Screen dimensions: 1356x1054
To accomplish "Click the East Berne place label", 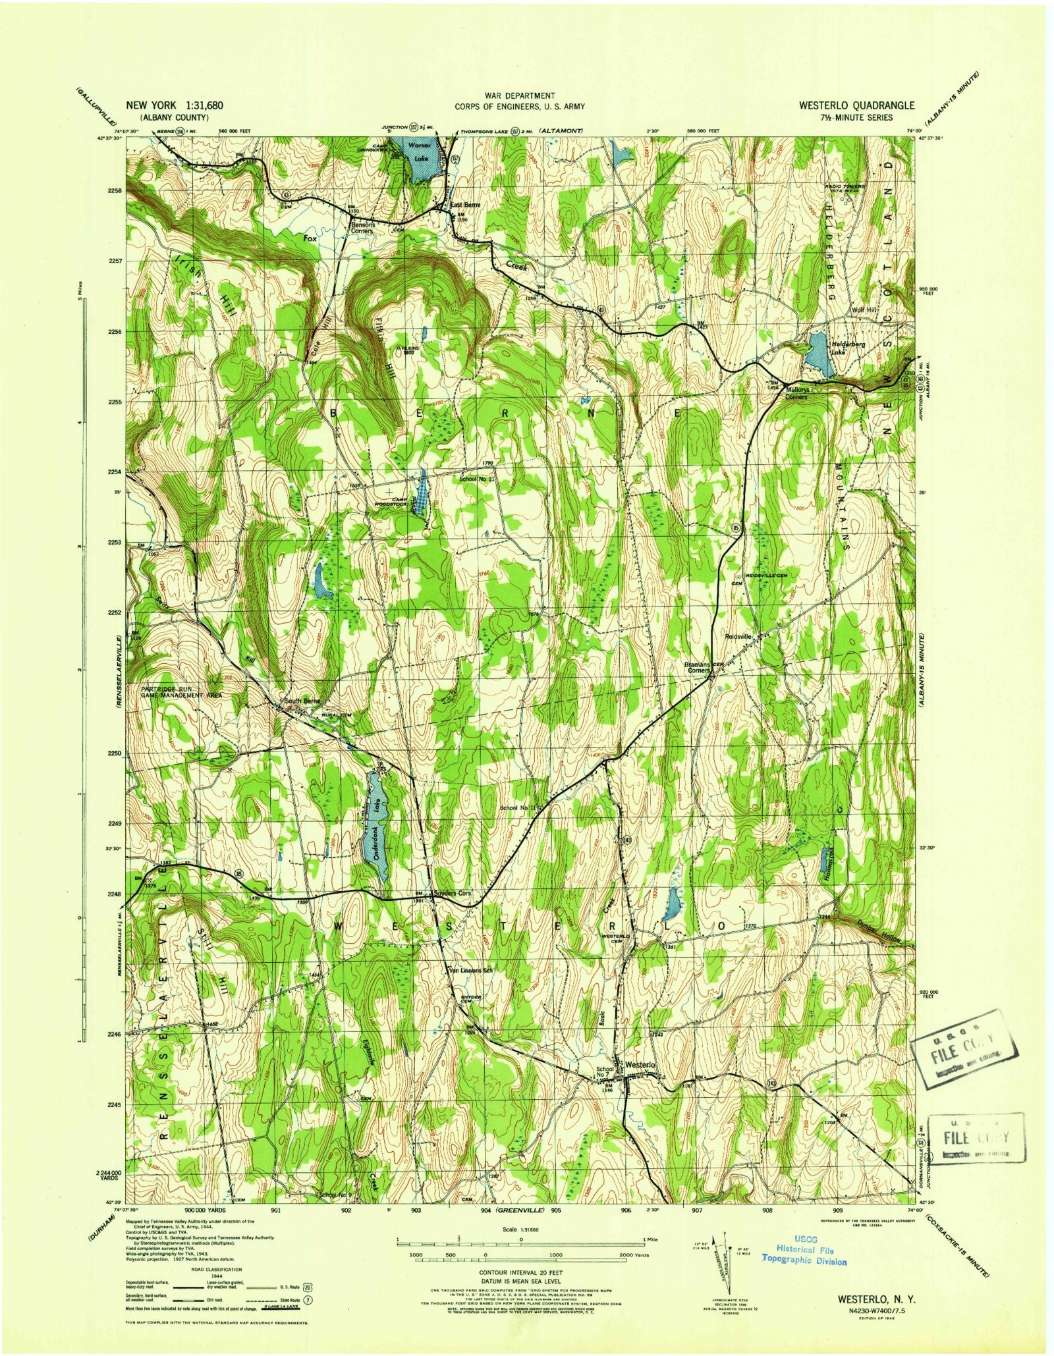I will pyautogui.click(x=465, y=205).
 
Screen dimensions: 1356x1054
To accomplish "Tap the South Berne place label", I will pyautogui.click(x=302, y=701).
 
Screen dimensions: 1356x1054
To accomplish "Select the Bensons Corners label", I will pyautogui.click(x=362, y=227).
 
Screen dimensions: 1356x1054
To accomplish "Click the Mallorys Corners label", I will pyautogui.click(x=796, y=393).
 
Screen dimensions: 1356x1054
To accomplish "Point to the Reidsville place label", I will pyautogui.click(x=742, y=637).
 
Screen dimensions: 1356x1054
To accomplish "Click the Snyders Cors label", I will pyautogui.click(x=452, y=894).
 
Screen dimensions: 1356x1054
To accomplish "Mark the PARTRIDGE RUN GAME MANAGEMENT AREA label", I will pyautogui.click(x=181, y=692).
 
